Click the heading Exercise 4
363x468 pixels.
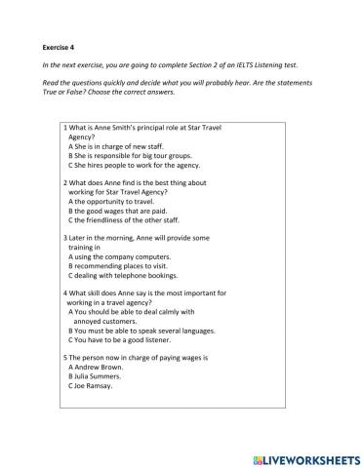click(x=63, y=46)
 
